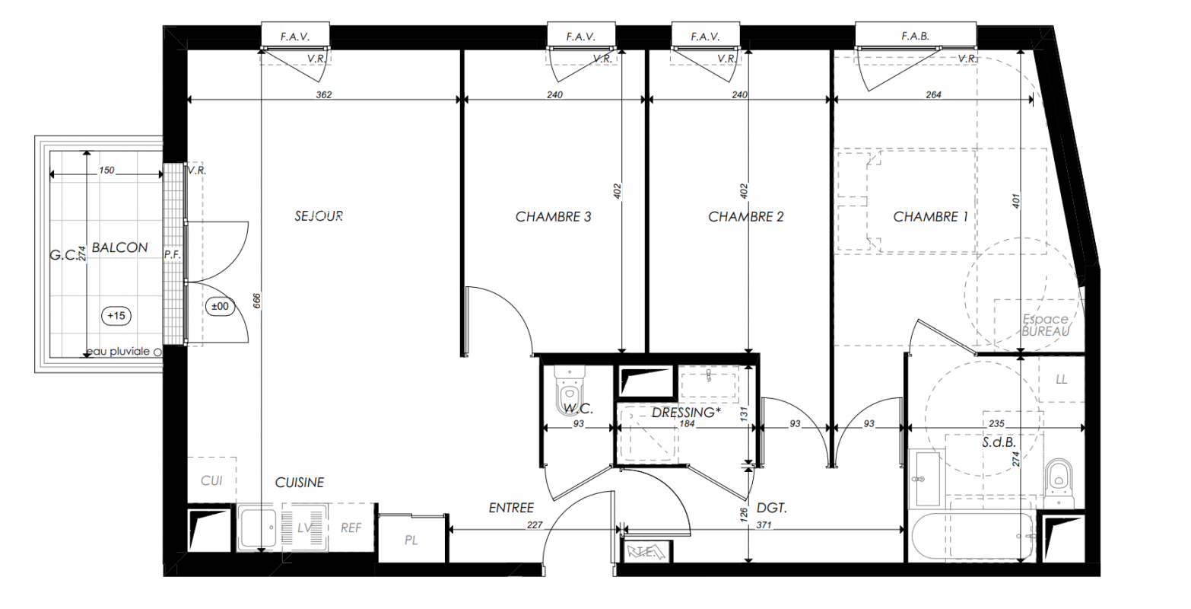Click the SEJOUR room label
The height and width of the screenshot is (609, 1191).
(x=319, y=216)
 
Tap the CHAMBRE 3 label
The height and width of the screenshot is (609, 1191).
(x=553, y=217)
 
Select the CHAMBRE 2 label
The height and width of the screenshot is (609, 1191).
(x=745, y=217)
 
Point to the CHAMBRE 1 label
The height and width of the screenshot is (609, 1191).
(x=930, y=217)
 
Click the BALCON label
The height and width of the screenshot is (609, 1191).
(x=119, y=247)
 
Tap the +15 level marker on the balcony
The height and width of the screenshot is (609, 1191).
(x=116, y=316)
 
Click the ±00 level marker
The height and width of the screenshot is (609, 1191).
(x=220, y=306)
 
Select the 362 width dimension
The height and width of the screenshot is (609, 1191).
(x=324, y=94)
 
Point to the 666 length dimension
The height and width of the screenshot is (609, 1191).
(x=257, y=301)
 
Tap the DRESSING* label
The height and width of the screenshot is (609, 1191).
(x=686, y=413)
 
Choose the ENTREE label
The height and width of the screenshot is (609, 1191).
(x=511, y=508)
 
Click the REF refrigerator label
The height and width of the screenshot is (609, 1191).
(x=351, y=528)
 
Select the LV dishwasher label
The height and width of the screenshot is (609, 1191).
(x=305, y=528)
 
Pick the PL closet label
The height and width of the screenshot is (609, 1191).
(x=411, y=540)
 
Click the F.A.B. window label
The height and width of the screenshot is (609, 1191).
(x=915, y=37)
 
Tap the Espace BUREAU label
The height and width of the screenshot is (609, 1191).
(x=1045, y=325)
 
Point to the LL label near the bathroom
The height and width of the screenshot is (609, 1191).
(x=1061, y=380)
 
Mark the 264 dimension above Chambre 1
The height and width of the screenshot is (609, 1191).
(x=934, y=94)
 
